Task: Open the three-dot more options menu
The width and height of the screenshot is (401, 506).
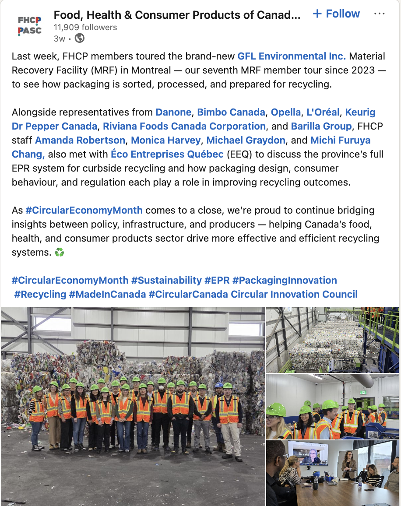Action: tap(379, 14)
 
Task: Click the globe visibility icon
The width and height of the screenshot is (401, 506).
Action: tap(80, 38)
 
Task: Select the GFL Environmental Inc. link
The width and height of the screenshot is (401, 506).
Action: tap(292, 56)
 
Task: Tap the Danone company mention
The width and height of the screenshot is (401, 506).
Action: tap(173, 112)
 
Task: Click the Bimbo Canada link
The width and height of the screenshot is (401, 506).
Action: tap(231, 112)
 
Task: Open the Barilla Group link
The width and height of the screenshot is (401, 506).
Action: tap(321, 126)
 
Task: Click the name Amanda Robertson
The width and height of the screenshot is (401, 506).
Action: tap(80, 140)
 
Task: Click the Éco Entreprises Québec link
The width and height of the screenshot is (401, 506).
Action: tap(167, 154)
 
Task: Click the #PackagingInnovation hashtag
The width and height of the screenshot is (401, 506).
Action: tap(285, 280)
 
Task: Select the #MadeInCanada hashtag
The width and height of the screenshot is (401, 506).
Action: tap(107, 294)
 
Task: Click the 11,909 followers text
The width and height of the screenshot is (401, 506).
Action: tap(85, 27)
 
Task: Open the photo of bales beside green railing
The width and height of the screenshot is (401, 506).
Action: tap(333, 340)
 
